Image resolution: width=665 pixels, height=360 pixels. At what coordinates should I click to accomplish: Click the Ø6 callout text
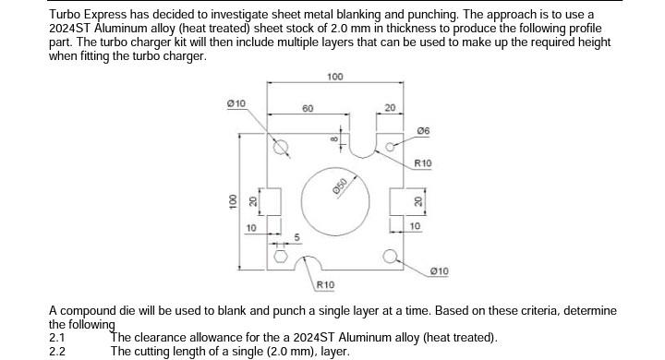click(423, 130)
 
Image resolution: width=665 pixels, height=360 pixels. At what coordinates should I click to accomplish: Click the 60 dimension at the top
click(308, 109)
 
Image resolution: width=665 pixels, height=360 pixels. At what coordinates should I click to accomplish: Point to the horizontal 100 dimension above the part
click(334, 76)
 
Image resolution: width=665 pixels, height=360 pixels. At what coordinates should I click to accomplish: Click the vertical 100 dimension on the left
click(233, 200)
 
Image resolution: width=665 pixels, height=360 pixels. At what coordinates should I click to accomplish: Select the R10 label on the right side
click(423, 163)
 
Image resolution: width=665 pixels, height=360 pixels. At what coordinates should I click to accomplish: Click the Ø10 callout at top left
click(236, 102)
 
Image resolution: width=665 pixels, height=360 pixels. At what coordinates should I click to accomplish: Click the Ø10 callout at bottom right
click(440, 270)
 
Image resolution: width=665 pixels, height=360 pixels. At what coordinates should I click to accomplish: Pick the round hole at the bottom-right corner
click(392, 256)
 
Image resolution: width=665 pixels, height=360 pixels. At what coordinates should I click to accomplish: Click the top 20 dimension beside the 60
click(390, 109)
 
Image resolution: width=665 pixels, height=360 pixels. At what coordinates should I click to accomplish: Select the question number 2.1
click(57, 337)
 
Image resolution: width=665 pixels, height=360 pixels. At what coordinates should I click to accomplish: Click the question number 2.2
click(57, 351)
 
